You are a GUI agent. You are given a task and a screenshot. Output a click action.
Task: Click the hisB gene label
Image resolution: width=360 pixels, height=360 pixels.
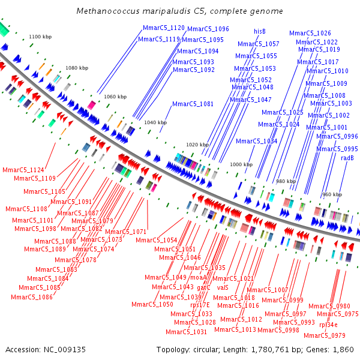click(260, 31)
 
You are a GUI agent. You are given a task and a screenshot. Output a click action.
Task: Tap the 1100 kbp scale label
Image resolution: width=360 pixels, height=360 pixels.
click(41, 37)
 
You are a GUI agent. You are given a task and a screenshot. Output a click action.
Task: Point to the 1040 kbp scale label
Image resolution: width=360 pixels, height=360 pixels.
click(155, 122)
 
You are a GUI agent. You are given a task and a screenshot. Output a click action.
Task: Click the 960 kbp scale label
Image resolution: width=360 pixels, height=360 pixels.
click(332, 194)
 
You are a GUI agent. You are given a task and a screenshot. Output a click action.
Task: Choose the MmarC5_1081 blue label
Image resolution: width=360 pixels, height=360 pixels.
click(193, 104)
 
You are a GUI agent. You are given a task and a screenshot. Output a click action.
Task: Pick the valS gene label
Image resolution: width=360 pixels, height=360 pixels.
click(223, 287)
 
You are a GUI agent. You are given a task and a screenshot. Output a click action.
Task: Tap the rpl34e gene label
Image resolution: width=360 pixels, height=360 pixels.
click(332, 325)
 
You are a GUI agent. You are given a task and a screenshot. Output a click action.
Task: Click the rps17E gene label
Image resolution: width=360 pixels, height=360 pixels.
click(200, 305)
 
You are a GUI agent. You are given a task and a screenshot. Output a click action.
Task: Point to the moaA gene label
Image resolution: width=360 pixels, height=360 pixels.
click(198, 277)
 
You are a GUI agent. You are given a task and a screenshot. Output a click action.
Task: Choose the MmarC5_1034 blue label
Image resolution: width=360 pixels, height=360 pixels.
click(256, 142)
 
